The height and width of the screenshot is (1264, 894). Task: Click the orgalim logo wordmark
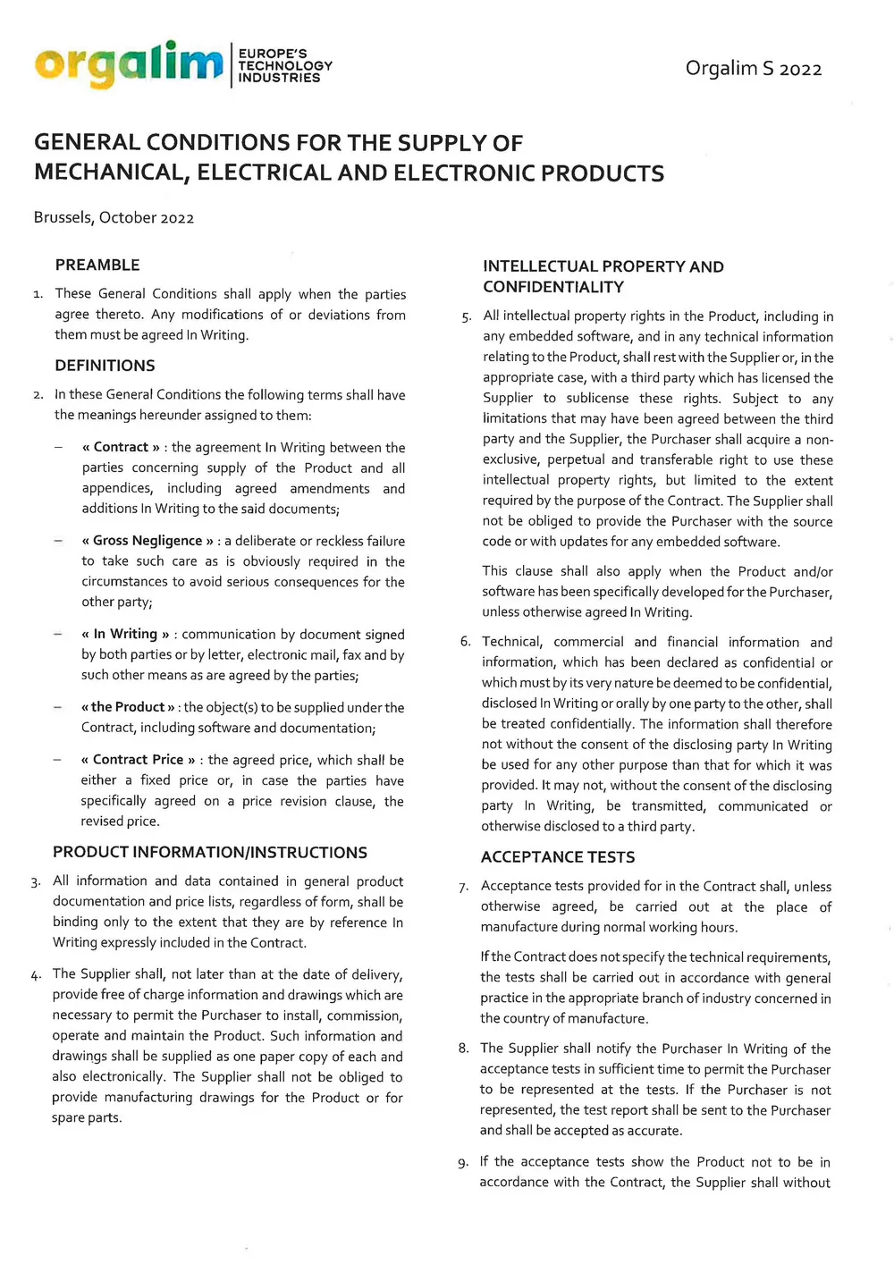pos(129,64)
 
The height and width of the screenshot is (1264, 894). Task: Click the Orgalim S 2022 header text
pos(753,69)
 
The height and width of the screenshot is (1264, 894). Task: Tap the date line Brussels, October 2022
pos(114,217)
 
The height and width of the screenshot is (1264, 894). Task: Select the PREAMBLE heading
pos(97,265)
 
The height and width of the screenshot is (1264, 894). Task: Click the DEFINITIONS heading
pos(105,365)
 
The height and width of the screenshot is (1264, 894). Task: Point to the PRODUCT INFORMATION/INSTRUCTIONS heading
pos(210,852)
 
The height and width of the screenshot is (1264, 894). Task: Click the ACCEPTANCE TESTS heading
pos(558,856)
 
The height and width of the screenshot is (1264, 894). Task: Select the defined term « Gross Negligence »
pos(148,541)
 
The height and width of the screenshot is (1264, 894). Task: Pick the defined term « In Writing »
pos(125,634)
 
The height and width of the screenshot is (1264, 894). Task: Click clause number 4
pos(36,975)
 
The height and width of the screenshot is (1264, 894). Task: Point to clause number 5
pos(467,317)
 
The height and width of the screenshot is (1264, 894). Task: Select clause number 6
pos(465,642)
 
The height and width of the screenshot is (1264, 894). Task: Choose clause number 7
pos(463,888)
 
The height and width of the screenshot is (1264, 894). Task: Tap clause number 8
pos(463,1049)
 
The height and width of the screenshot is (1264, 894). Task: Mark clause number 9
pos(462,1163)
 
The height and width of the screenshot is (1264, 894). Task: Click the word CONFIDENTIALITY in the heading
pos(553,287)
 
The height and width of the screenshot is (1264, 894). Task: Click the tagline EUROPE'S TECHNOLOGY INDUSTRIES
pos(284,65)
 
